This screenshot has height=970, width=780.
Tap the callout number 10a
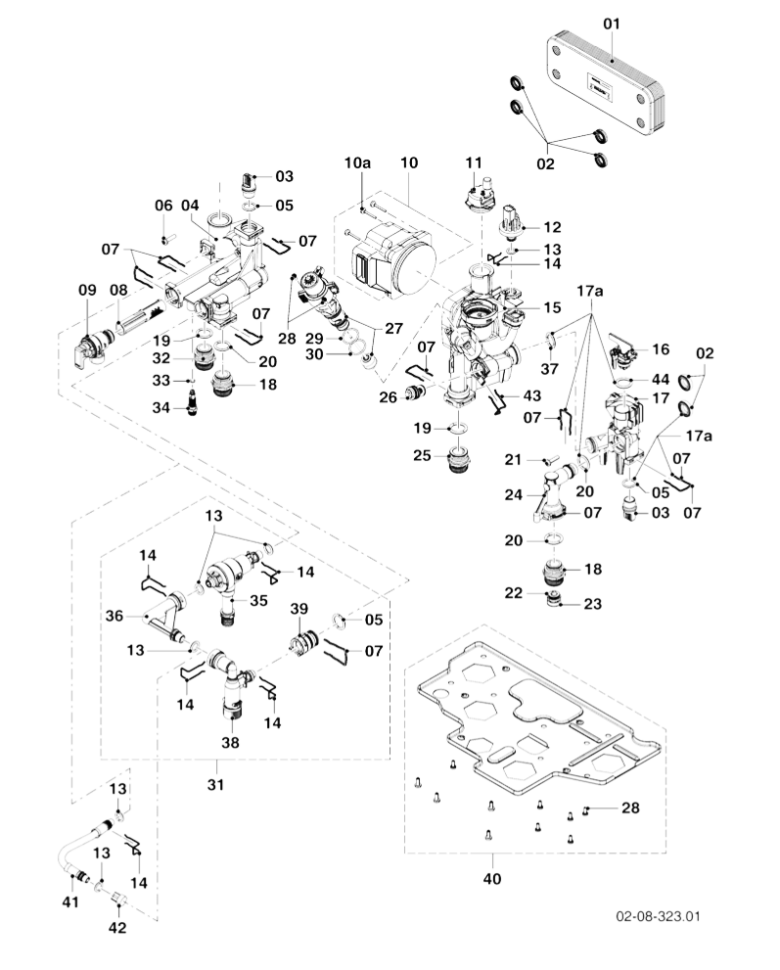point(358,162)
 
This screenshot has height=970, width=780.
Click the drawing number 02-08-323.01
point(658,917)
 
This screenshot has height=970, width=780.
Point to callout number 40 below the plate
point(491,879)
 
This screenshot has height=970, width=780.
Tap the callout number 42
point(116,928)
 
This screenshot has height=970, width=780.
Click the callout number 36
point(115,617)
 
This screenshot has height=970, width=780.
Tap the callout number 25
point(421,456)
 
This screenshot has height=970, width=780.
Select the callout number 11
point(474,162)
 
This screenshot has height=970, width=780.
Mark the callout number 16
point(661,349)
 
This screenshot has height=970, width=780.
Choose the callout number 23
point(593,604)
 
